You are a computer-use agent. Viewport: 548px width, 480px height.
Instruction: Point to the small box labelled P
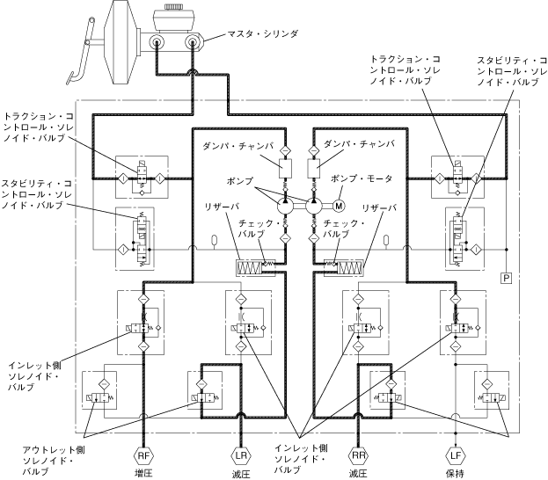[507, 279]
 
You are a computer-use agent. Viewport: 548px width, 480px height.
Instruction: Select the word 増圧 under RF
[144, 473]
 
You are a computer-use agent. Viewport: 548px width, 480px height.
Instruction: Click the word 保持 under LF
[454, 473]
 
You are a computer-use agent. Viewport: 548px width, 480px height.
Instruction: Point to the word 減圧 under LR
[241, 473]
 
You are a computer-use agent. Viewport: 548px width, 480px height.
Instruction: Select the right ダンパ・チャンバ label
[360, 143]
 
